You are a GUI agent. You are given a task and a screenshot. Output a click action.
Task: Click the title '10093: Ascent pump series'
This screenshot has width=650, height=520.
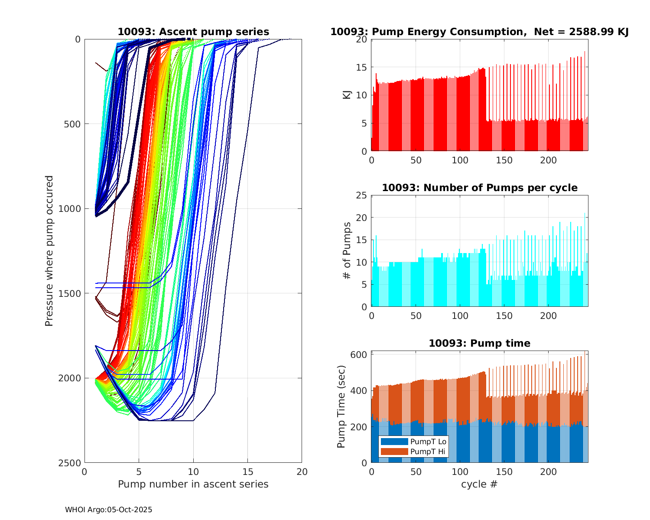pos(193,32)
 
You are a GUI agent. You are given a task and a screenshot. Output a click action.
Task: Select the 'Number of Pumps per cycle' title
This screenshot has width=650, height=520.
pos(479,188)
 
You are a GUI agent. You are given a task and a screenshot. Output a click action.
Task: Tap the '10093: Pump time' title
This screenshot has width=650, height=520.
pos(479,343)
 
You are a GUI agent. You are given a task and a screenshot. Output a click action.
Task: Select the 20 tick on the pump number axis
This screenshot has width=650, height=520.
pos(302,471)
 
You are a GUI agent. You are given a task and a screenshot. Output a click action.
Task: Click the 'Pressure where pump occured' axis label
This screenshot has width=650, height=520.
pos(49,250)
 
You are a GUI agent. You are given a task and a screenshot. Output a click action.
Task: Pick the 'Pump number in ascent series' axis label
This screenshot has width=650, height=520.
pos(193,484)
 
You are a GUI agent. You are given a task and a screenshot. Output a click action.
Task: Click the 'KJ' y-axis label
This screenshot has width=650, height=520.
pos(347,95)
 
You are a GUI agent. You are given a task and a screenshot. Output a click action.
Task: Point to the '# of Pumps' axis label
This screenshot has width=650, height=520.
pos(347,250)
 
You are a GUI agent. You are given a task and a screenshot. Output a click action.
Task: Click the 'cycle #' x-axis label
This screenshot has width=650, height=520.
pos(479,484)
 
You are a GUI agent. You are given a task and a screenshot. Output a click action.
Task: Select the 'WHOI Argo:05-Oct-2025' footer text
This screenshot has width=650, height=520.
pos(109,510)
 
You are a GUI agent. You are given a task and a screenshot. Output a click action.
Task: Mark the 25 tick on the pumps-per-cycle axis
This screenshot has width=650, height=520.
pos(362,195)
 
